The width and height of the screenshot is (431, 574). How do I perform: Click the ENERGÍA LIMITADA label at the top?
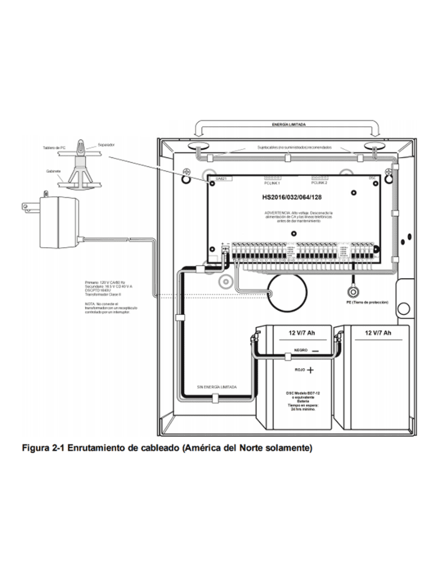tap(288, 124)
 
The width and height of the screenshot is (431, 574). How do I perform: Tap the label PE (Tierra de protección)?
tap(368, 302)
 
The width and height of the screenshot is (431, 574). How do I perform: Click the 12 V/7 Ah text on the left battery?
tap(302, 332)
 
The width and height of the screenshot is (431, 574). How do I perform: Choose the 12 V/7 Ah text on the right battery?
tap(378, 332)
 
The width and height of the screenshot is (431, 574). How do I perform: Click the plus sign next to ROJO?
tap(310, 371)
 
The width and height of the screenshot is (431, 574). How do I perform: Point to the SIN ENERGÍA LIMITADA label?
tap(217, 387)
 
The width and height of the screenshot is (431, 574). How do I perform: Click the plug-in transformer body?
tap(57, 222)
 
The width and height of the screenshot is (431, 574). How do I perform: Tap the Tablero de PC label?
tap(54, 148)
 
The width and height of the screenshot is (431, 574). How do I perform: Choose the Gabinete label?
tap(54, 172)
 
